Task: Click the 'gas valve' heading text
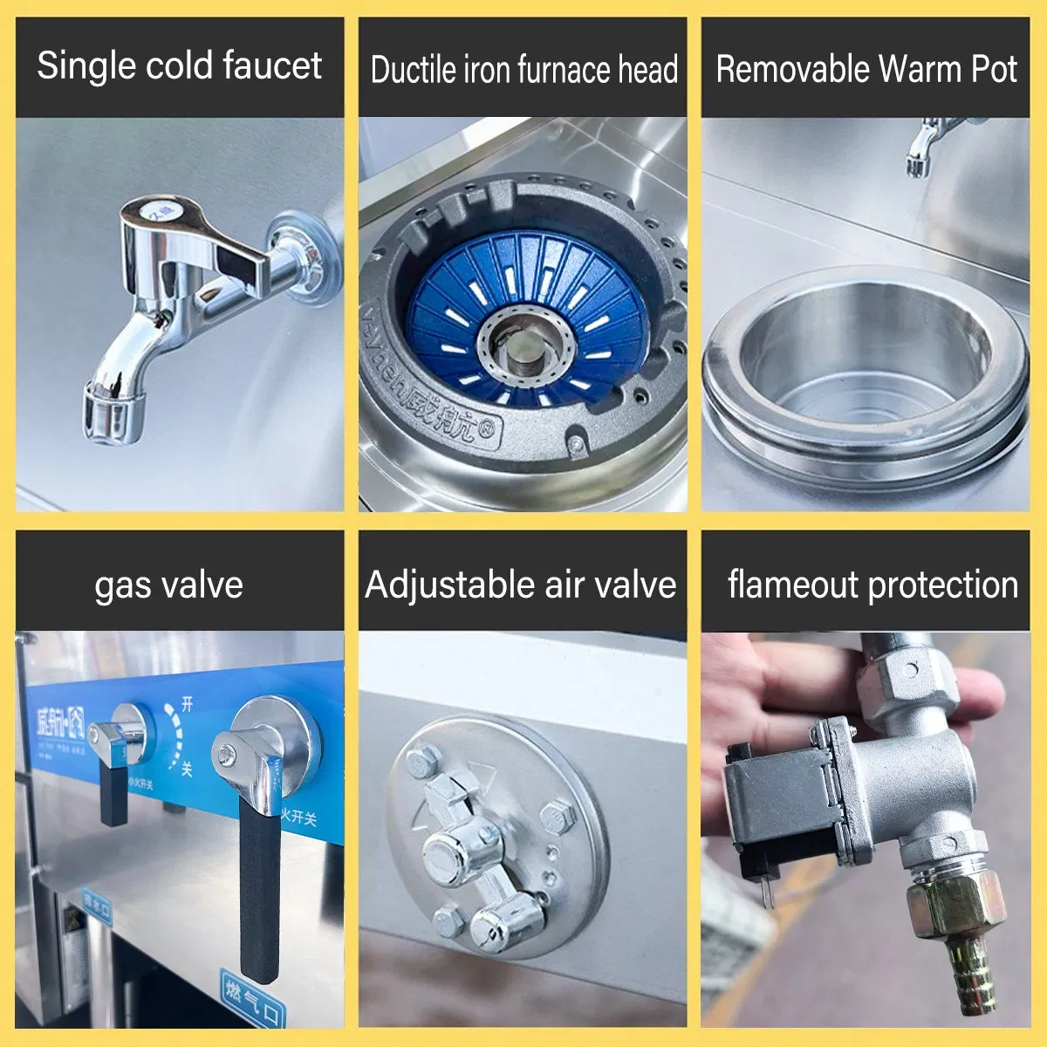(x=169, y=585)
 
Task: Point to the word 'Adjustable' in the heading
(x=449, y=585)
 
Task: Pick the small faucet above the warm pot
(x=925, y=148)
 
